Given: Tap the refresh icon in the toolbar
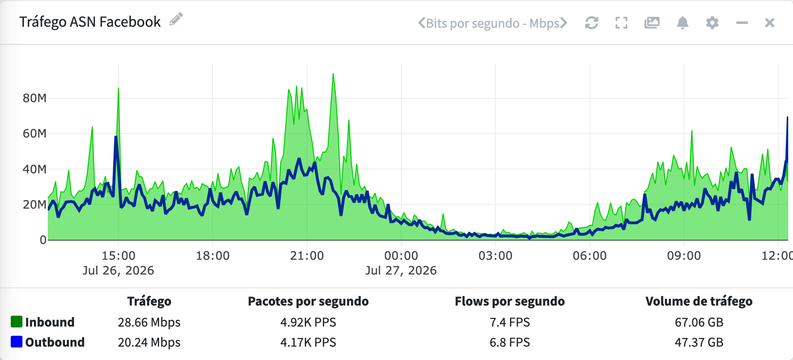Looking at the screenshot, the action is (591, 23).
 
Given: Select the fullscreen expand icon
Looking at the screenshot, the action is (622, 23).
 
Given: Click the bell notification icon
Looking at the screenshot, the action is (683, 23).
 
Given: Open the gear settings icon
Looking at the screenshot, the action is (712, 23).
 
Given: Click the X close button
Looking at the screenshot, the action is (770, 23).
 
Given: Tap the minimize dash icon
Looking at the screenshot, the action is (742, 23).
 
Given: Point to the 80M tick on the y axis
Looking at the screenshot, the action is (35, 98).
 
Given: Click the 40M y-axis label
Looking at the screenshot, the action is (35, 169).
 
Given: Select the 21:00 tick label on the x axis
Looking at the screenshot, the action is (307, 255).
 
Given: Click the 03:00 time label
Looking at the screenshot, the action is (495, 255).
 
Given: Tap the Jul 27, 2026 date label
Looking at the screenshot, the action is (401, 270).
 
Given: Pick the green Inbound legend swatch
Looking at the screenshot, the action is (16, 322).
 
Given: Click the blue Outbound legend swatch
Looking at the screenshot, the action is (16, 342).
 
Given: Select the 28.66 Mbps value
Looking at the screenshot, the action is (149, 322).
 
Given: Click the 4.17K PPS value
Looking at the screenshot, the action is (308, 342).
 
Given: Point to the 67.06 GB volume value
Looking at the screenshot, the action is (699, 322).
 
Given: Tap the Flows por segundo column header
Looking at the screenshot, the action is (510, 301).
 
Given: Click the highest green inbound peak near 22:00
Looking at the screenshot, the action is (333, 74).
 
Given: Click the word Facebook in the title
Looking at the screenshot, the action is (130, 21).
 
